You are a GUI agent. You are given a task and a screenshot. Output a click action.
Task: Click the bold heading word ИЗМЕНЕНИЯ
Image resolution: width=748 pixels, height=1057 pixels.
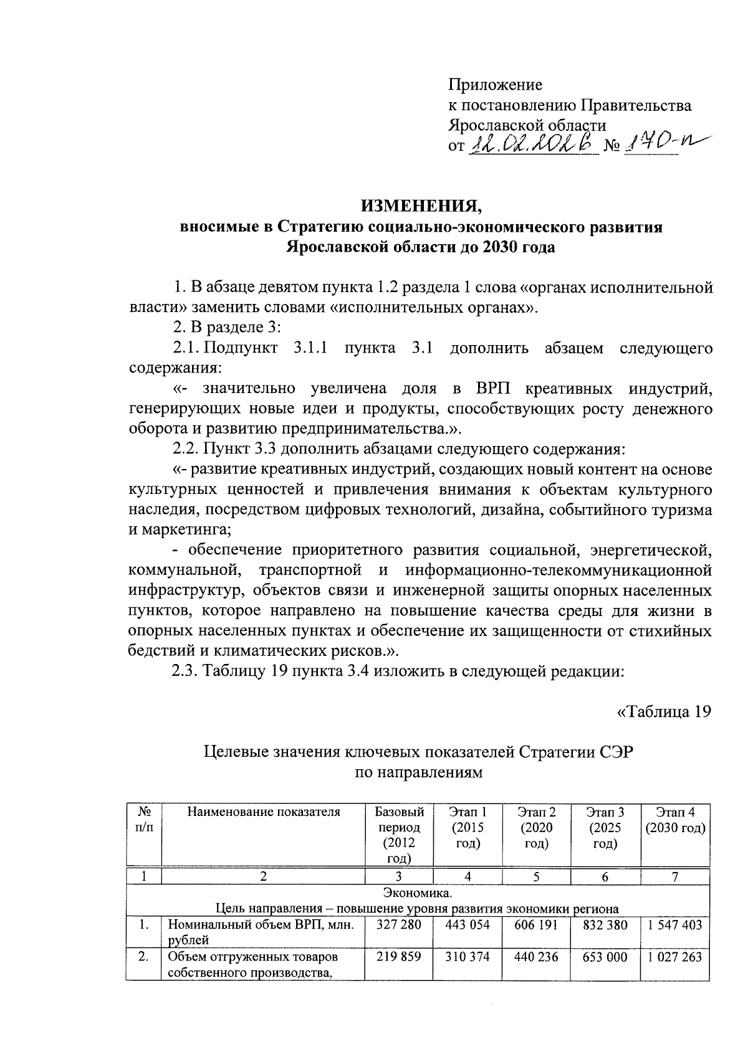[x=420, y=205]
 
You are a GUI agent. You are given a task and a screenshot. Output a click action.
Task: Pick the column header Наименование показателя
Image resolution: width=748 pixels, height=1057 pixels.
[x=264, y=812]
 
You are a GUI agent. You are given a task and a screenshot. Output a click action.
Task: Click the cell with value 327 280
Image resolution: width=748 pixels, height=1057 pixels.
[x=399, y=925]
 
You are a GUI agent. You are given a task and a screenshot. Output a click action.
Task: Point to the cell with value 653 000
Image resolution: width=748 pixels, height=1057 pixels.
[x=605, y=957]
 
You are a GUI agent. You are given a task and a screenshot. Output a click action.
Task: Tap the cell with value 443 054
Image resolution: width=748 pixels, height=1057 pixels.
[x=467, y=925]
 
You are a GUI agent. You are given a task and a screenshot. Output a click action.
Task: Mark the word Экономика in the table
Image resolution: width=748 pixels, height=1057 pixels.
[x=417, y=894]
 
